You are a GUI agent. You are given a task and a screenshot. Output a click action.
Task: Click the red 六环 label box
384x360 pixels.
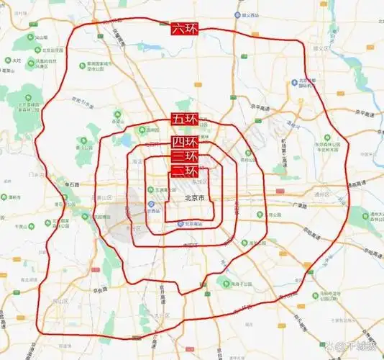(184, 30)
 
